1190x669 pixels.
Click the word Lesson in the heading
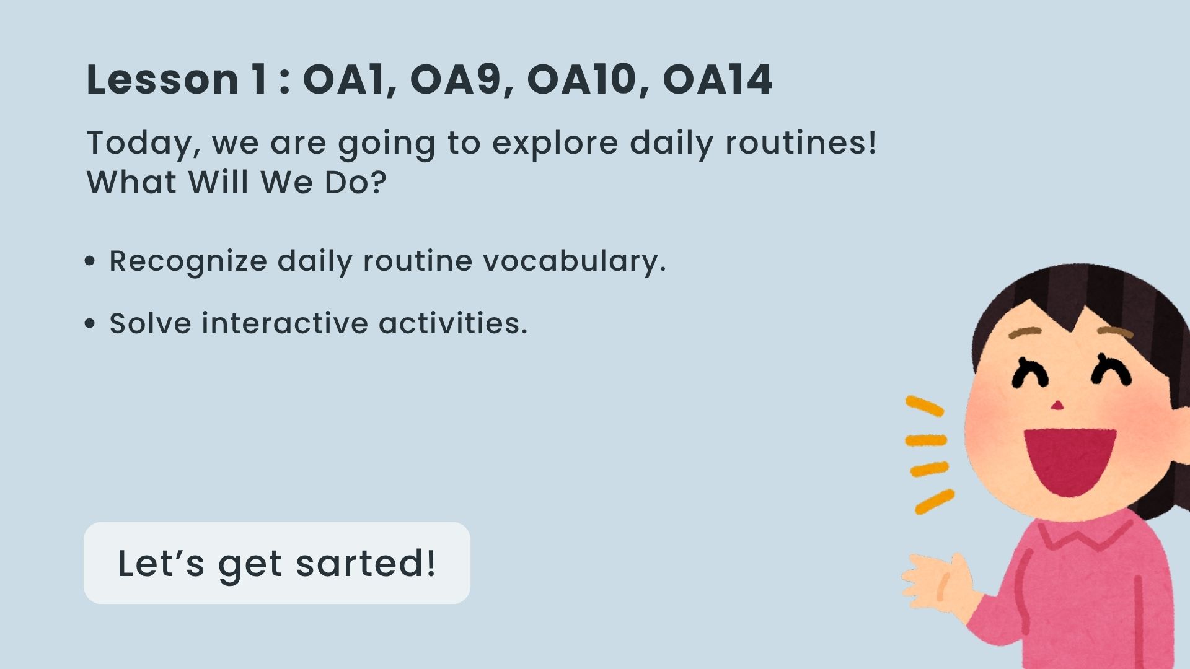(x=162, y=79)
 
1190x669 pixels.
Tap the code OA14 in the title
(x=718, y=79)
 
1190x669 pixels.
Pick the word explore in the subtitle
(x=555, y=144)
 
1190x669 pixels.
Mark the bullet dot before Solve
(x=90, y=323)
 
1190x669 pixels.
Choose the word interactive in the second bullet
(x=284, y=323)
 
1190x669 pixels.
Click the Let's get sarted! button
(x=277, y=563)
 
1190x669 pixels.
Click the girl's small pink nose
(x=1057, y=406)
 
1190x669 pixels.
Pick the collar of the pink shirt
(x=1085, y=533)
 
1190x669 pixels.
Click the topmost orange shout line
(x=925, y=406)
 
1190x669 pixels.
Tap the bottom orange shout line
(x=935, y=501)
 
